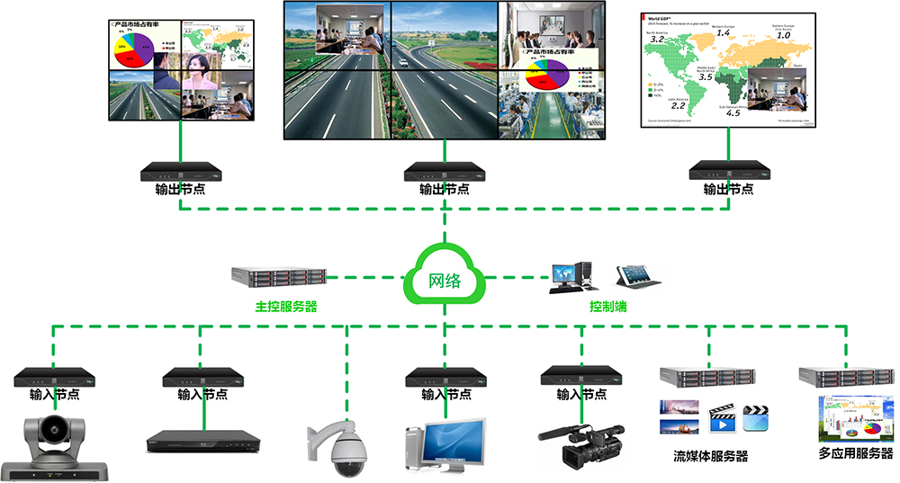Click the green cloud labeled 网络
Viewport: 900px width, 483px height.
[x=445, y=279]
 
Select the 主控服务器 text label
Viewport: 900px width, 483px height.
[x=286, y=307]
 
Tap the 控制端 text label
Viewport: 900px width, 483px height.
[x=608, y=307]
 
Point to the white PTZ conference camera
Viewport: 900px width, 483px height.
[x=55, y=444]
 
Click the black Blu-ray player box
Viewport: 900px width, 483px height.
[x=203, y=442]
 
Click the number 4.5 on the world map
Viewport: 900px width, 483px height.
[x=733, y=112]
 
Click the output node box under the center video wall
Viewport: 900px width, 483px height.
[x=445, y=171]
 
